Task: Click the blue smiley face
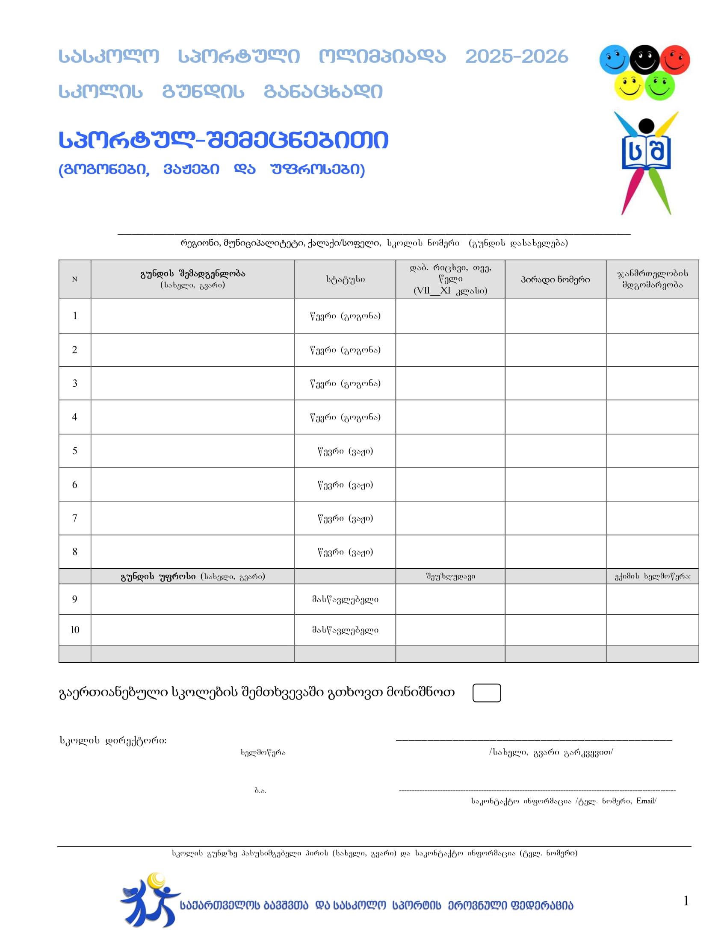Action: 614,59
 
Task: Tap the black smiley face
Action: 644,59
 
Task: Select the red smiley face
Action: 675,59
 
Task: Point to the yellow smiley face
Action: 629,86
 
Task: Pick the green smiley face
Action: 660,86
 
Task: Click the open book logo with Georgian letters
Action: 646,153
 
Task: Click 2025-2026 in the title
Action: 517,57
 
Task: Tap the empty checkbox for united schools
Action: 487,693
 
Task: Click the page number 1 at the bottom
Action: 686,901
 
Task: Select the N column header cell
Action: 74,279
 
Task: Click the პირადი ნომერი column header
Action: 555,279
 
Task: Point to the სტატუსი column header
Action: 345,279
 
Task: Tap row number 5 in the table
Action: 74,451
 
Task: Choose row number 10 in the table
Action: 74,630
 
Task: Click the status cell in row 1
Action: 345,316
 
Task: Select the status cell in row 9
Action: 345,599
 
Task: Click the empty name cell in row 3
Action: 192,383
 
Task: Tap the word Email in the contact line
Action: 645,801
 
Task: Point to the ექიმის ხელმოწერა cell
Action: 652,576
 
